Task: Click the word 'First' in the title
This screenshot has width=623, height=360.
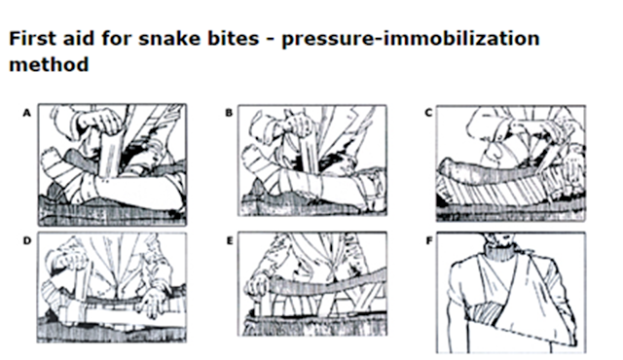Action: tap(32, 39)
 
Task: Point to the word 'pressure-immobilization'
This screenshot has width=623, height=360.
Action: tap(411, 40)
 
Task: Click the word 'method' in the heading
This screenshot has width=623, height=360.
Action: tap(49, 64)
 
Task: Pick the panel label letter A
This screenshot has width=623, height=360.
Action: tap(26, 113)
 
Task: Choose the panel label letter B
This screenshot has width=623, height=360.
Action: tap(229, 113)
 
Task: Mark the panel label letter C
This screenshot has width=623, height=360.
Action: tap(428, 113)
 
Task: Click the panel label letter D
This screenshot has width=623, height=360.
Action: tap(26, 241)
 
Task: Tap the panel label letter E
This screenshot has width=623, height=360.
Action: tap(230, 241)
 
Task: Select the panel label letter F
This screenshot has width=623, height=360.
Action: tap(428, 241)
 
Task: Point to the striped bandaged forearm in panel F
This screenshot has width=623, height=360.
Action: tap(488, 311)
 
